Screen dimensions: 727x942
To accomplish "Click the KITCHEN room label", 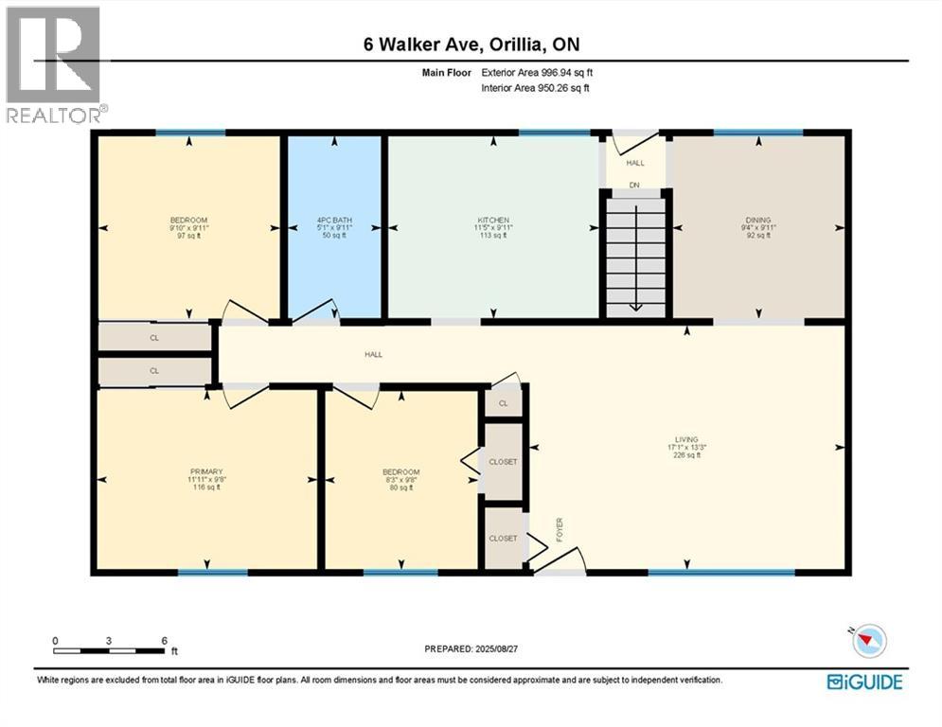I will point(493,221).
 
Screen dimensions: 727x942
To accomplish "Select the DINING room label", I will point(757,221).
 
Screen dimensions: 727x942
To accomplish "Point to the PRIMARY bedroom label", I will point(206,471).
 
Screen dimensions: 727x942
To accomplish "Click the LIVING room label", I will point(686,439).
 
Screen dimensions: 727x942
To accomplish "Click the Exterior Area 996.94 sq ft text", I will point(537,72).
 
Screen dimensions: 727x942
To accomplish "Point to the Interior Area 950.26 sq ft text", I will point(537,88).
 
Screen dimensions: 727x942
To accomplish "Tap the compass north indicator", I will point(869,641).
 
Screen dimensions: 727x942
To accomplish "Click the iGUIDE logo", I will point(863,682).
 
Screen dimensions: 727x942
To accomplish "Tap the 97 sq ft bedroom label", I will point(188,236).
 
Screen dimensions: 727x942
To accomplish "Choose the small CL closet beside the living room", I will point(504,402).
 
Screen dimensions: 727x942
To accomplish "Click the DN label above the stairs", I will point(635,185).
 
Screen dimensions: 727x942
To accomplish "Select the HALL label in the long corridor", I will point(374,355).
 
